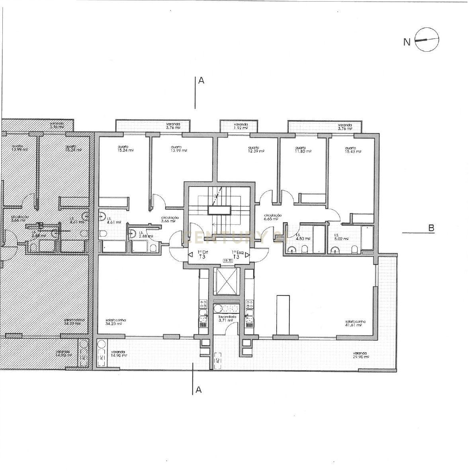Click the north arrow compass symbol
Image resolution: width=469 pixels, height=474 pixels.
click(x=427, y=40)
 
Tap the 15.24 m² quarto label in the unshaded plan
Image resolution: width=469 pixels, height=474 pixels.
click(x=114, y=148)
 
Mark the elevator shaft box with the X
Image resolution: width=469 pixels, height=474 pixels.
click(x=225, y=281)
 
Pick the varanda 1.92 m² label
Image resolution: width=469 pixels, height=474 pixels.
click(x=241, y=126)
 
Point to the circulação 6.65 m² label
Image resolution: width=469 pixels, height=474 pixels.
click(x=273, y=217)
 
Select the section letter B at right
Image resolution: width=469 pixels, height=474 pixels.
click(x=431, y=228)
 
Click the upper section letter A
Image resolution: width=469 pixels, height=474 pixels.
click(x=201, y=81)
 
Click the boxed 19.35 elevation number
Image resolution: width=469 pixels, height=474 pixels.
click(x=229, y=261)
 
